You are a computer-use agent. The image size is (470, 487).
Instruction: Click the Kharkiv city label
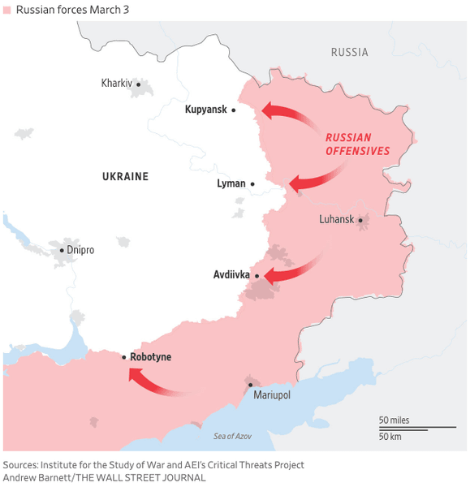[116, 84]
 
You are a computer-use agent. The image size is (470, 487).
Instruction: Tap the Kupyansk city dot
[234, 110]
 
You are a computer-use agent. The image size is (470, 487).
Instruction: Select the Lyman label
[231, 183]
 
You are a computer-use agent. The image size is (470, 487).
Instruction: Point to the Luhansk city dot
[360, 220]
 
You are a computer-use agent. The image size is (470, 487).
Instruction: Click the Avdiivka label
[231, 275]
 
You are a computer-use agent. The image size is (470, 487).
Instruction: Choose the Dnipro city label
[80, 250]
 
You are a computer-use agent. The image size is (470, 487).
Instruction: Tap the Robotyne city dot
[123, 357]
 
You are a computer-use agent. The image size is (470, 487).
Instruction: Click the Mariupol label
[271, 395]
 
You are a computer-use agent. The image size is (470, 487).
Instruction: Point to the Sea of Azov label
[233, 437]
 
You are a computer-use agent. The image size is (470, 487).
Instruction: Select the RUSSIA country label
[349, 53]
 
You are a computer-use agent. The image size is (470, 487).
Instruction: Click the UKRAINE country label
[125, 176]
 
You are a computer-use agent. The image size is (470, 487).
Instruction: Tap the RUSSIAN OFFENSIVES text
[358, 144]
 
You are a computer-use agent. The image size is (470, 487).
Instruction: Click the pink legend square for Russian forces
[7, 9]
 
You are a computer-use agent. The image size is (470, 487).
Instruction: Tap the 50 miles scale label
[394, 420]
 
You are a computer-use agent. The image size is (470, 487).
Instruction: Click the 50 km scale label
[390, 437]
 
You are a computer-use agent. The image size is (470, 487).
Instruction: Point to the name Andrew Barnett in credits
[37, 477]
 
